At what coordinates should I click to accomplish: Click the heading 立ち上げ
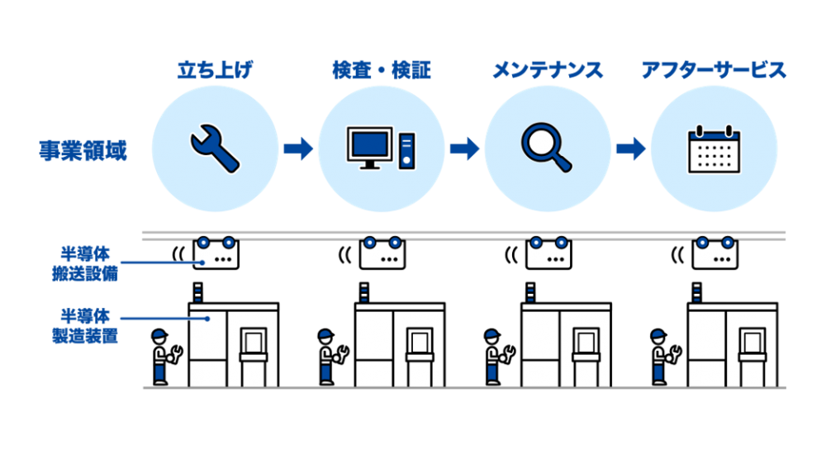[x=215, y=70]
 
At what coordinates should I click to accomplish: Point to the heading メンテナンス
[x=548, y=70]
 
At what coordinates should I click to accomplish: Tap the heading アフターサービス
[x=714, y=70]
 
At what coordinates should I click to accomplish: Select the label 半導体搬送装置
[x=83, y=262]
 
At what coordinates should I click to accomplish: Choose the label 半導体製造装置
[x=83, y=325]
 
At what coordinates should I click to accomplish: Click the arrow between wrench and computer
[x=297, y=149]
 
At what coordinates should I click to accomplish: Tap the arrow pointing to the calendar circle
[x=630, y=149]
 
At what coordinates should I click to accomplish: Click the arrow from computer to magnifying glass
[x=464, y=149]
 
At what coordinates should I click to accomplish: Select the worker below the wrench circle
[x=164, y=357]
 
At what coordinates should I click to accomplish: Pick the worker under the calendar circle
[x=662, y=357]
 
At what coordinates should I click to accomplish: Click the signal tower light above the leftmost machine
[x=197, y=291]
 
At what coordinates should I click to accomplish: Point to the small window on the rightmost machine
[x=751, y=340]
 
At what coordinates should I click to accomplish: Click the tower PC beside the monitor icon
[x=406, y=150]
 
